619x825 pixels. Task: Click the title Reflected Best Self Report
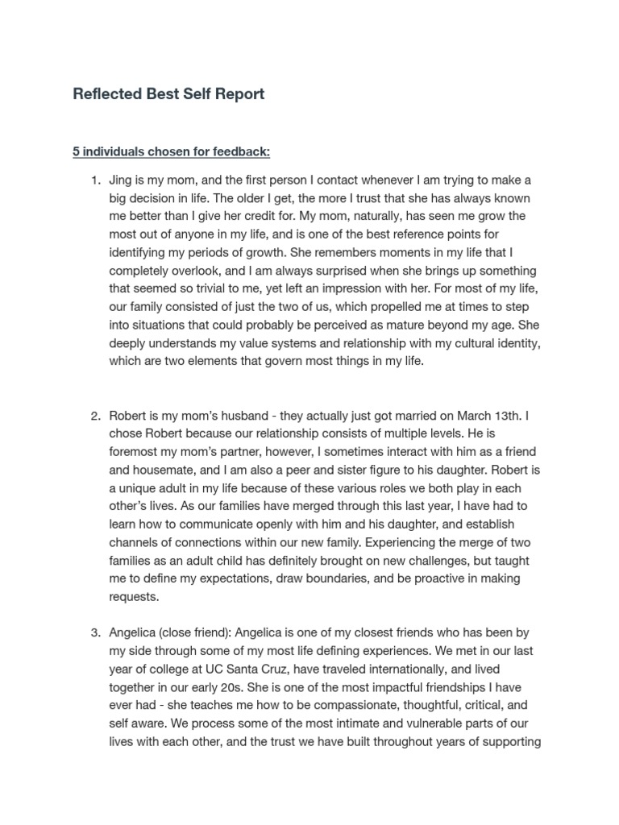(x=168, y=94)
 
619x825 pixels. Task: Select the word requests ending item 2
(x=135, y=597)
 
